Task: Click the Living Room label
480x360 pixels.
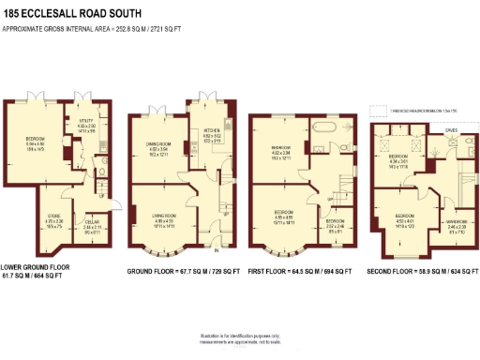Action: click(163, 220)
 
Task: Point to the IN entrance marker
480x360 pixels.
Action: click(217, 250)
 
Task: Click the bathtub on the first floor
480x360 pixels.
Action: click(329, 125)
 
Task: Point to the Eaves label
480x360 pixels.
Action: click(451, 131)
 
